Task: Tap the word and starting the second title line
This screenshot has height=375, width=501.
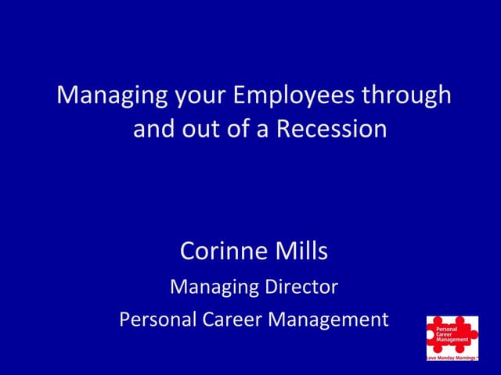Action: tap(154, 127)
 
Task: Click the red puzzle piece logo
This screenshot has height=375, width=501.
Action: tap(451, 334)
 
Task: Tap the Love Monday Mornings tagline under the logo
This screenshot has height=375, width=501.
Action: tap(451, 357)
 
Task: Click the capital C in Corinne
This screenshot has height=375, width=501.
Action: tap(188, 251)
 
